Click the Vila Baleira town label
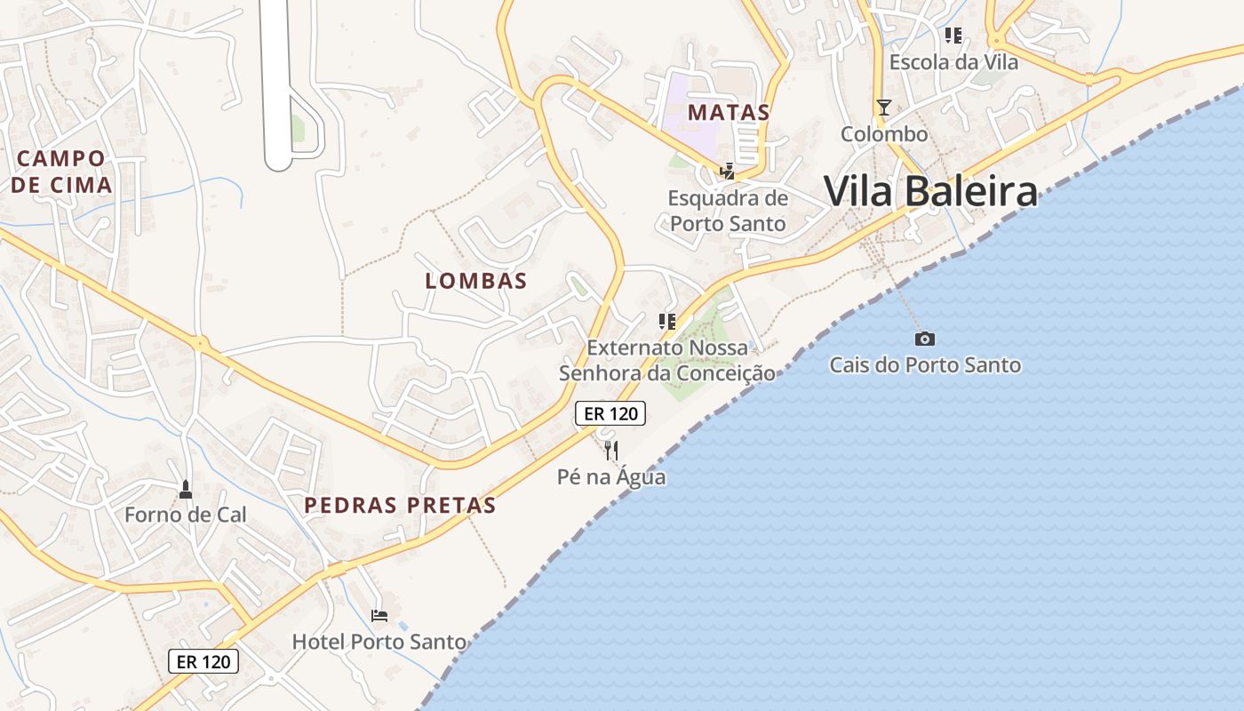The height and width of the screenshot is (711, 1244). pos(930,191)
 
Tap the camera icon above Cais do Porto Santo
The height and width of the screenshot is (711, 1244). pos(924,339)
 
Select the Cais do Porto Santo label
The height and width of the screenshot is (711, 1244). pos(925,364)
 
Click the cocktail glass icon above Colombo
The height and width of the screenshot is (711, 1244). pos(883,108)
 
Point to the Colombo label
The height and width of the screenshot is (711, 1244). pos(884,134)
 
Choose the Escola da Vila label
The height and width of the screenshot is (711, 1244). pos(953,62)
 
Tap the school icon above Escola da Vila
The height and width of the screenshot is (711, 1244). pos(953,36)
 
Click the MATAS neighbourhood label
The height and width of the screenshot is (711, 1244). pos(729,113)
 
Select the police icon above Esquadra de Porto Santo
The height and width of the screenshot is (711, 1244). pos(728,171)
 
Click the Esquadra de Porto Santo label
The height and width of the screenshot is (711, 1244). pos(728,210)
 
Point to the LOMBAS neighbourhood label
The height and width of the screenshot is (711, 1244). pos(476,281)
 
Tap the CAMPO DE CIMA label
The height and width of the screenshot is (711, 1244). pos(61,172)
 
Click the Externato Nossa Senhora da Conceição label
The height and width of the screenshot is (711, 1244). pos(667,360)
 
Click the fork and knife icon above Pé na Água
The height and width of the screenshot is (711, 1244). pos(610,451)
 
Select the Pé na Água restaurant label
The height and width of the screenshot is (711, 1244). pos(611,477)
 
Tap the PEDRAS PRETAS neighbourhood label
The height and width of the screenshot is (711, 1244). pos(400,505)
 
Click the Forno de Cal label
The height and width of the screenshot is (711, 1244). pos(186,515)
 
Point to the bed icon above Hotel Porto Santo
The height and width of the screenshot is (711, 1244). pos(379,615)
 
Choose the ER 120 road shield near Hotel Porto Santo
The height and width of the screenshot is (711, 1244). pos(203,661)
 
